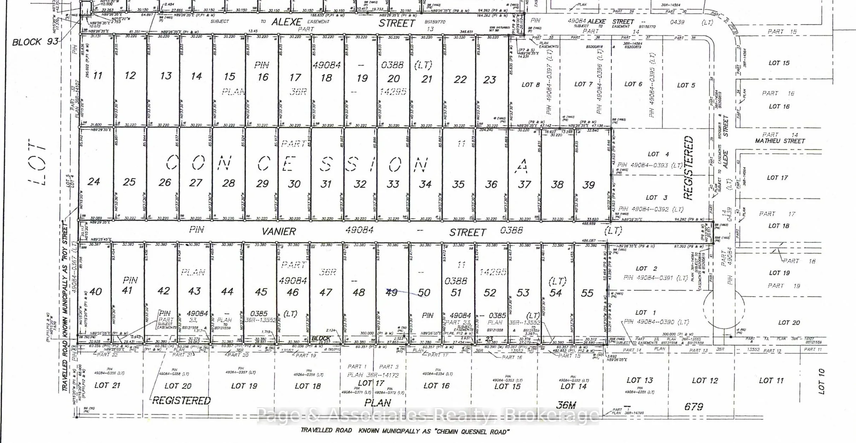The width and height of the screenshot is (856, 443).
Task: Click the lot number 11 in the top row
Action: pos(98,75)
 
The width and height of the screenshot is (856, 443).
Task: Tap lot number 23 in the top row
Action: pos(490,80)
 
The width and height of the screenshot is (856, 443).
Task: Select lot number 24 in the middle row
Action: pos(94,182)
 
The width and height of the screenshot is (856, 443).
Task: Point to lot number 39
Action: pos(589,185)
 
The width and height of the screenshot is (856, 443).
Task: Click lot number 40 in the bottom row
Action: pos(95,291)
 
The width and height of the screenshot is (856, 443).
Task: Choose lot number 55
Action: pos(587,293)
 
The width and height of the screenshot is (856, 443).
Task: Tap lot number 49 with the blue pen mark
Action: pos(391,292)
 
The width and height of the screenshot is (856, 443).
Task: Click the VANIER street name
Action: pos(279,231)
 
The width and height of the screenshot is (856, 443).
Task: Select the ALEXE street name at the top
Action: pos(287,22)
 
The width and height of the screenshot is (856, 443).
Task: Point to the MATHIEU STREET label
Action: pos(780,141)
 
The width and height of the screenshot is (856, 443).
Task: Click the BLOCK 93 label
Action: pos(35,42)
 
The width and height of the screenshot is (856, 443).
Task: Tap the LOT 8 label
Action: pos(531,85)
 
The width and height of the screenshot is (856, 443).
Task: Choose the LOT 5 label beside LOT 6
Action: pos(686,85)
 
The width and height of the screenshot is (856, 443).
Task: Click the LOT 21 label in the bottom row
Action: pos(107,385)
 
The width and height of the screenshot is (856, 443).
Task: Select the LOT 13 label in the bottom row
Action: pos(640,380)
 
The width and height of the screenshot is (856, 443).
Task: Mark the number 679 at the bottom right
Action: pos(694,407)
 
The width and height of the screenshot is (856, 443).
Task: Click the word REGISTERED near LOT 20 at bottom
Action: pos(182,401)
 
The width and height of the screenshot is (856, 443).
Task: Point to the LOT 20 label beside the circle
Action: pos(789,322)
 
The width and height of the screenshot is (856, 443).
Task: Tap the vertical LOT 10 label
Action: pos(821,381)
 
